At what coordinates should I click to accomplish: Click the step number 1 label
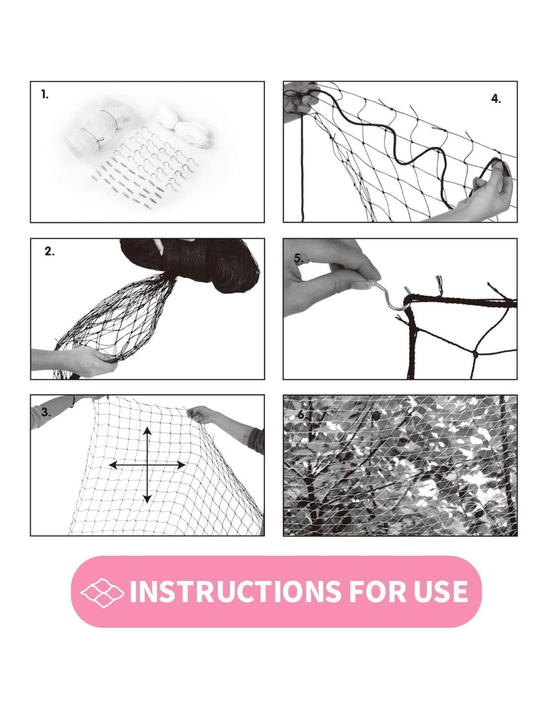45,95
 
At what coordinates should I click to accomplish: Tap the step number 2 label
49,251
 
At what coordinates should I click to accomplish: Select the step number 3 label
46,413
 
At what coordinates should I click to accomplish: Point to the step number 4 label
496,99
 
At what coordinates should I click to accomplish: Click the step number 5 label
299,258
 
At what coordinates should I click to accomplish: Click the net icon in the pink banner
102,592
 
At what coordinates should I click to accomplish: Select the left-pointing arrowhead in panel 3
114,465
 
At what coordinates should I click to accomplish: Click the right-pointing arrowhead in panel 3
180,465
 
